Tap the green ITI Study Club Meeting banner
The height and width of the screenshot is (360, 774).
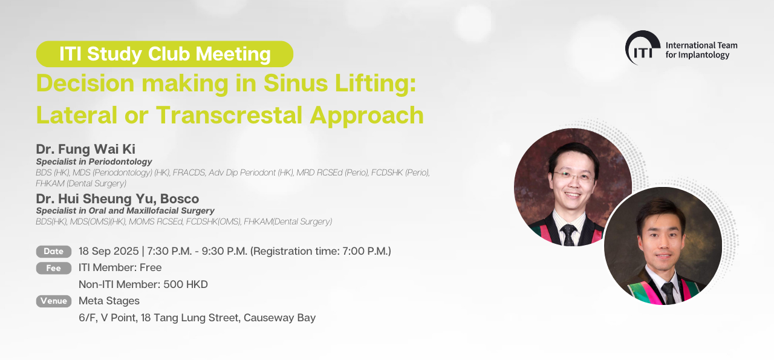[x=164, y=54]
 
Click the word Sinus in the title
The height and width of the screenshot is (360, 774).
[x=296, y=83]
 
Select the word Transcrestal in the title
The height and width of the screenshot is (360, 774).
[x=229, y=115]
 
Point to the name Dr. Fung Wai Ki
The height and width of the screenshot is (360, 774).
[x=86, y=149]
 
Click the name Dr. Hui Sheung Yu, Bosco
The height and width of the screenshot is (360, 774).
[x=117, y=198]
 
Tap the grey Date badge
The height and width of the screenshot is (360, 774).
[x=54, y=252]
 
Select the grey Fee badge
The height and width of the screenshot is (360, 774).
[x=54, y=268]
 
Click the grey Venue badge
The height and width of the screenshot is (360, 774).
[x=54, y=301]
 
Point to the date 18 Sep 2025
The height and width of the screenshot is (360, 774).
[x=108, y=251]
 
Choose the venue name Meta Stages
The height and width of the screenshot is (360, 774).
[x=109, y=301]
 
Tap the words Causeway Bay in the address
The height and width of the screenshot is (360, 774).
[x=279, y=318]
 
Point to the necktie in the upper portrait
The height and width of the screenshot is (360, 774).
[x=568, y=235]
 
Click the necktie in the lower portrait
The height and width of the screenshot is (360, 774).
[x=668, y=293]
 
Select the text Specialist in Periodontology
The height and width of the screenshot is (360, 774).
[x=94, y=162]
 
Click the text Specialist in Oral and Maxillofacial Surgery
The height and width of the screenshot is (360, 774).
[x=125, y=211]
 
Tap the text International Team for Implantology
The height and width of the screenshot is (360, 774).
[x=701, y=50]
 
